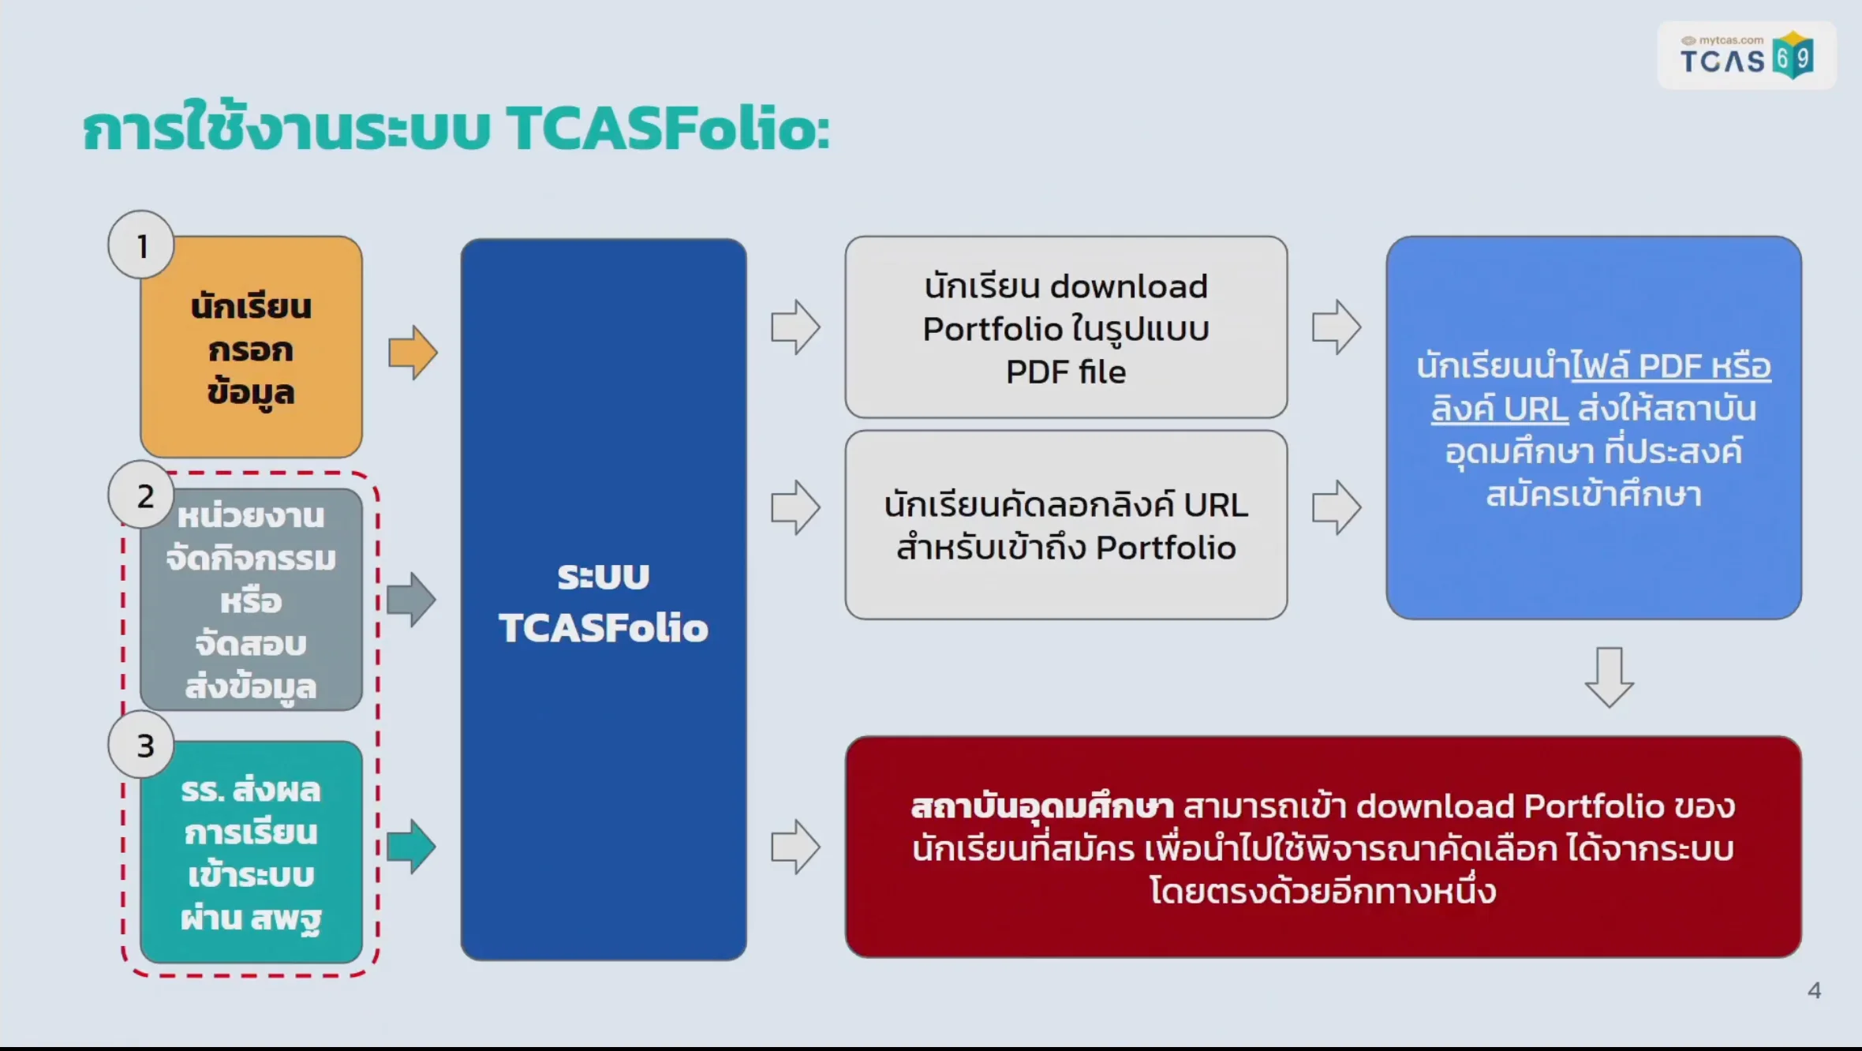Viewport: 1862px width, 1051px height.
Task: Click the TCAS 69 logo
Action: (x=1746, y=56)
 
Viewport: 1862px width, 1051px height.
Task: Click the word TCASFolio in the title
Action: (x=667, y=129)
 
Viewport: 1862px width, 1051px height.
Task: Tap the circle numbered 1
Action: (x=142, y=245)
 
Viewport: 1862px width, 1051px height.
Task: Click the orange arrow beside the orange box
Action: (x=413, y=353)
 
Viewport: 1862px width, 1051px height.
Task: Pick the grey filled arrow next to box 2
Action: (x=411, y=600)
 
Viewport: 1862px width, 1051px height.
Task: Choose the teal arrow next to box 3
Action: (x=411, y=847)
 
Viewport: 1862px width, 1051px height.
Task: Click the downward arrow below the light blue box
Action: (x=1609, y=677)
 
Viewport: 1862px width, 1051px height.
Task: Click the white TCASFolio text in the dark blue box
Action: (x=604, y=628)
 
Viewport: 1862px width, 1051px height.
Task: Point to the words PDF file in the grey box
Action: (x=1066, y=372)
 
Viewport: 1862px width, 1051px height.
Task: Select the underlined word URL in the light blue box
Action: (x=1535, y=410)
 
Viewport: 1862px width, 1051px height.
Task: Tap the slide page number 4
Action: (x=1814, y=991)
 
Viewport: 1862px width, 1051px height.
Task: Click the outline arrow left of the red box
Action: (x=795, y=847)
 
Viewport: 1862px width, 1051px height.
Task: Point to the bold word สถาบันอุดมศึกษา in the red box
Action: (x=1041, y=806)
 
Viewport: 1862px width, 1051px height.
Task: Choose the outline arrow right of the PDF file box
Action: (x=1336, y=327)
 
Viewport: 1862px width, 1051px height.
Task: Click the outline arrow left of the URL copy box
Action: (x=795, y=507)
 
